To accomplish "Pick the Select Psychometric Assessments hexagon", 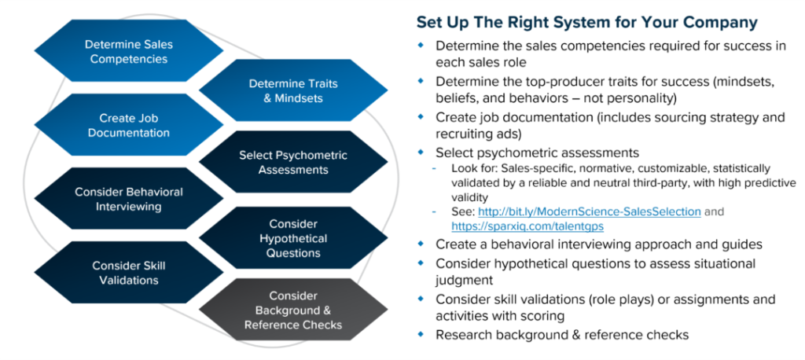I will coord(293,162).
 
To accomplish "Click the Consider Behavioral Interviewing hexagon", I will coord(129,199).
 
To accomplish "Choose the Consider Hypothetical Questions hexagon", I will coord(293,238).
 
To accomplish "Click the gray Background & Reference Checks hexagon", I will coord(292,310).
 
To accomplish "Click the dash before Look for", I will coord(435,169).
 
